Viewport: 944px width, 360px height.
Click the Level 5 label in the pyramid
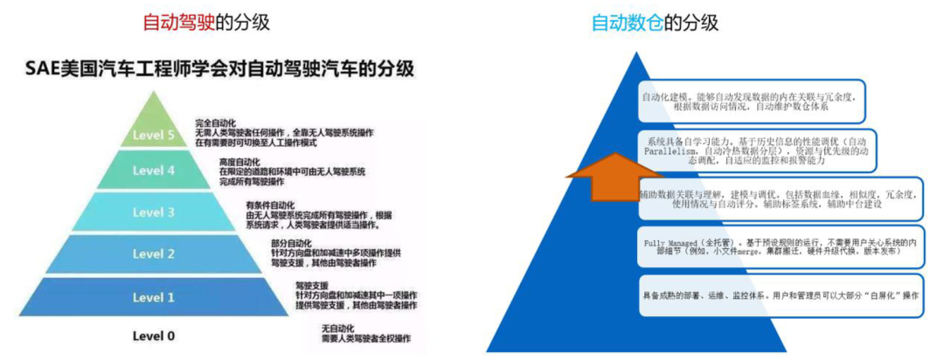154,135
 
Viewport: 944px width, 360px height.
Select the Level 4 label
154,171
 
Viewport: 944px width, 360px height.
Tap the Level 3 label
154,212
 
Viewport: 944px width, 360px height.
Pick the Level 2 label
154,253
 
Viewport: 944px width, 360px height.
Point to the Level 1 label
154,297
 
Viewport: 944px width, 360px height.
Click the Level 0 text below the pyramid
154,336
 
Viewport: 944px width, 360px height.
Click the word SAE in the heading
41,68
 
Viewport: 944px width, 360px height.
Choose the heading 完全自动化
216,123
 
